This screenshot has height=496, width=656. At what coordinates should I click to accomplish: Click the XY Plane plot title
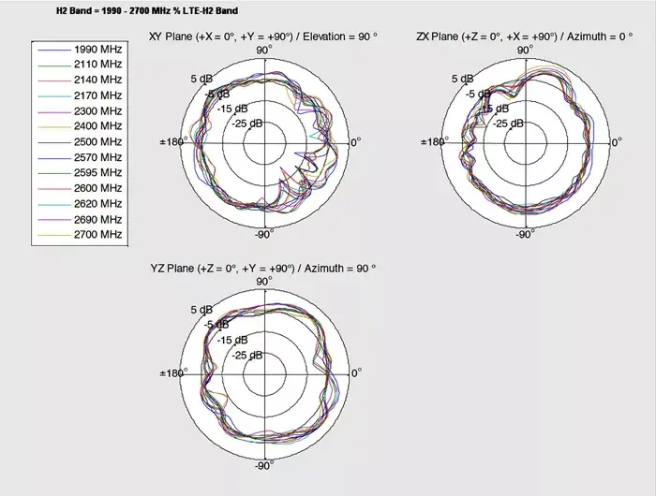click(x=263, y=36)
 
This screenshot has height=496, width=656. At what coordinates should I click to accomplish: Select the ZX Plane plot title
click(x=524, y=36)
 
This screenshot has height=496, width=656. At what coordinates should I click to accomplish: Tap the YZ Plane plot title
click(x=263, y=268)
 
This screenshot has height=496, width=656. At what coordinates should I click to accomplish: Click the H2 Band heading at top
click(x=147, y=11)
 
